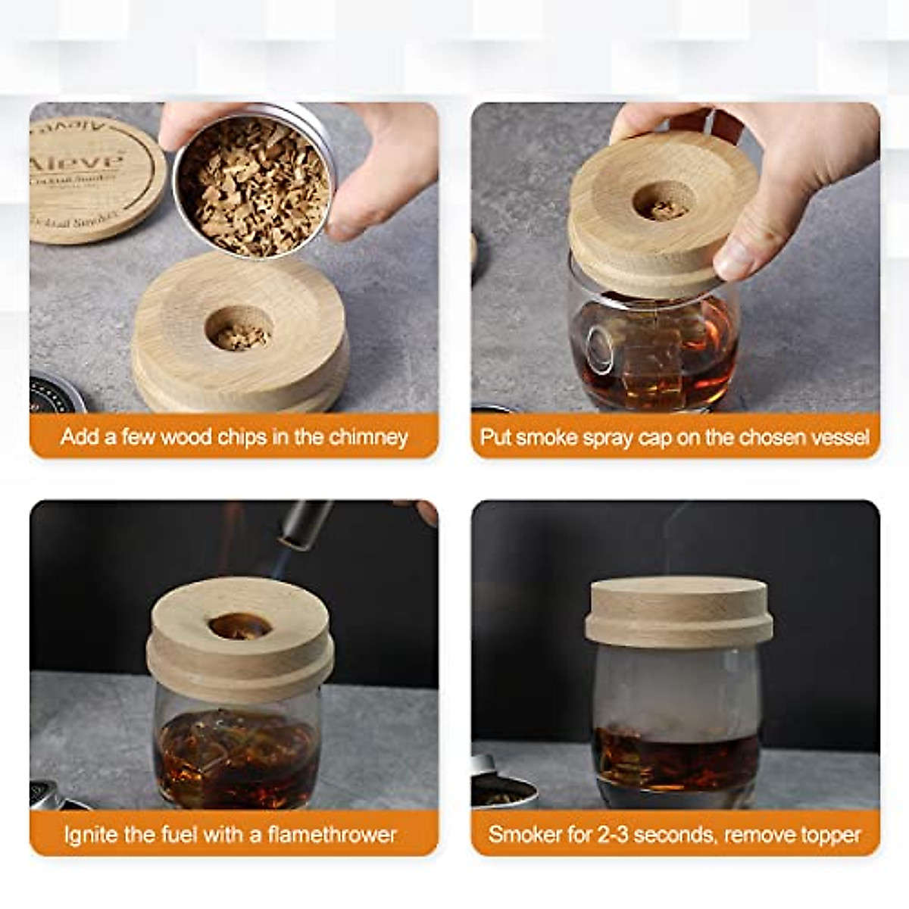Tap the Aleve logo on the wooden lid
(x=76, y=161)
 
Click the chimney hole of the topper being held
(x=664, y=202)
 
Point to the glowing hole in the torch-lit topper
(x=240, y=626)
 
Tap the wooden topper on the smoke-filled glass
(x=679, y=612)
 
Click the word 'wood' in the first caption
(x=186, y=437)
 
